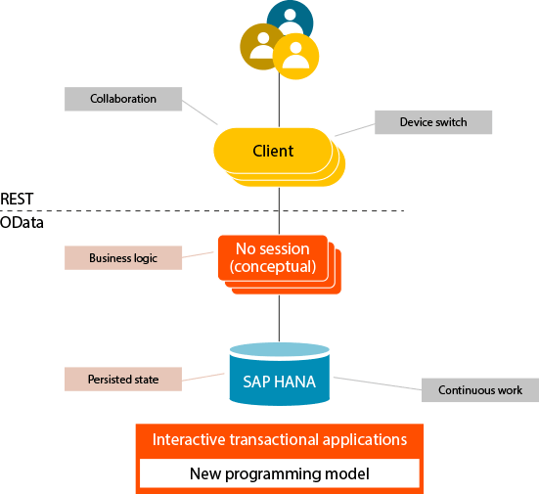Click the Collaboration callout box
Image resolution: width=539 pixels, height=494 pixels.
coord(123,99)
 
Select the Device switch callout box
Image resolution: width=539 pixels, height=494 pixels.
coord(433,122)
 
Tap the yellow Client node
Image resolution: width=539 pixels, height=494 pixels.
coord(273,151)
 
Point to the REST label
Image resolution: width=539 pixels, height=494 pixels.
coord(17,199)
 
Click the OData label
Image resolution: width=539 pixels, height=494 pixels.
coord(22,222)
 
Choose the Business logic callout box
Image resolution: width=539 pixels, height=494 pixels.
coord(123,258)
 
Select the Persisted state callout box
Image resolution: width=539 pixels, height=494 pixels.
coord(123,379)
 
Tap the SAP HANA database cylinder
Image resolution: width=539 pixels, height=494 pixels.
coord(280,374)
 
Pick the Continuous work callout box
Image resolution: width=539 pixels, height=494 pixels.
coord(480,390)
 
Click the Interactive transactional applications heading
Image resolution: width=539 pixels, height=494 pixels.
coord(280,439)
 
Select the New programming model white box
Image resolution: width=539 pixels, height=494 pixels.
coord(280,473)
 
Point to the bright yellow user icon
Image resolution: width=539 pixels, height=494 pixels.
coord(295,57)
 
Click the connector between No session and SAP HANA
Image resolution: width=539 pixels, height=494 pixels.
coord(279,318)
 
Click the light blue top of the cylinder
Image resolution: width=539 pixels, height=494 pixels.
coord(280,350)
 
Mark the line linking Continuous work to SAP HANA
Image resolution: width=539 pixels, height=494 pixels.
coord(378,383)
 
